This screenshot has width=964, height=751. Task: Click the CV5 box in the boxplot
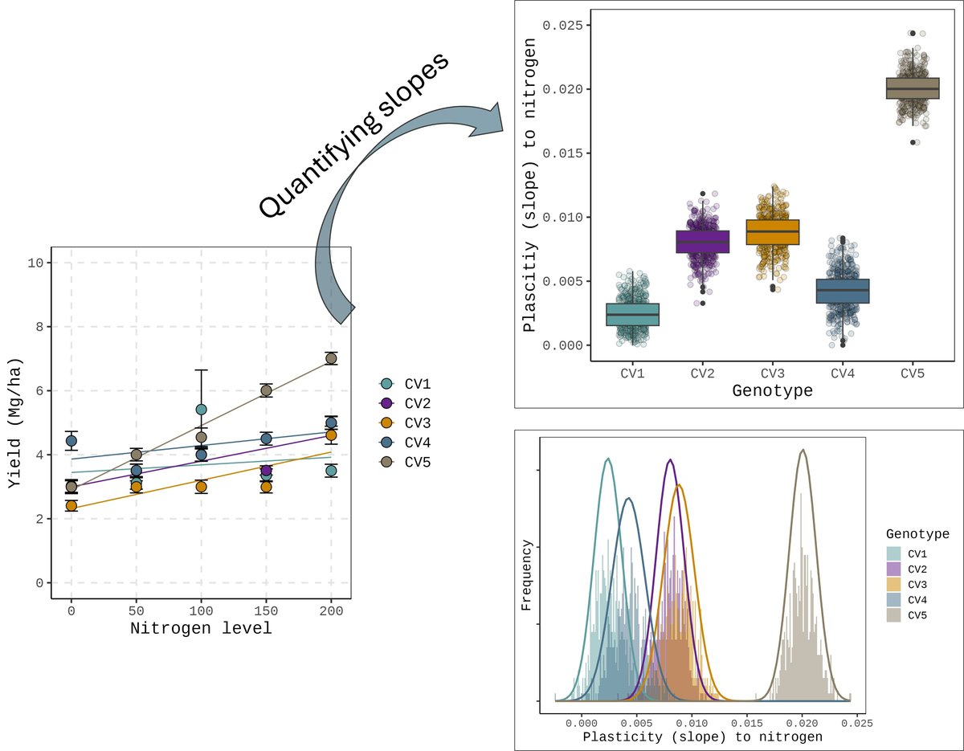pyautogui.click(x=913, y=88)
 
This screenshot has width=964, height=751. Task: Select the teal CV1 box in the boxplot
pyautogui.click(x=632, y=315)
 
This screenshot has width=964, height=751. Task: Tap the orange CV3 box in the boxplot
pyautogui.click(x=772, y=232)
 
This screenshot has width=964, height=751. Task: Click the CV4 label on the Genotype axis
pyautogui.click(x=843, y=373)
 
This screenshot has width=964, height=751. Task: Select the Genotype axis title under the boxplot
pyautogui.click(x=772, y=392)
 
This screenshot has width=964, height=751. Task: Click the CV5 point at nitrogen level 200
pyautogui.click(x=331, y=358)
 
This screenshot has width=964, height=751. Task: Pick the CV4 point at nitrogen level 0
pyautogui.click(x=71, y=440)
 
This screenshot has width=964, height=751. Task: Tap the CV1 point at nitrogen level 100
pyautogui.click(x=201, y=410)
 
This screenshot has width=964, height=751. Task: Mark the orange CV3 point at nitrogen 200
pyautogui.click(x=331, y=435)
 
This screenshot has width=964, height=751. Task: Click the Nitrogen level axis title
pyautogui.click(x=201, y=629)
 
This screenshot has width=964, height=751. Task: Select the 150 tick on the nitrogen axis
pyautogui.click(x=266, y=611)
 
